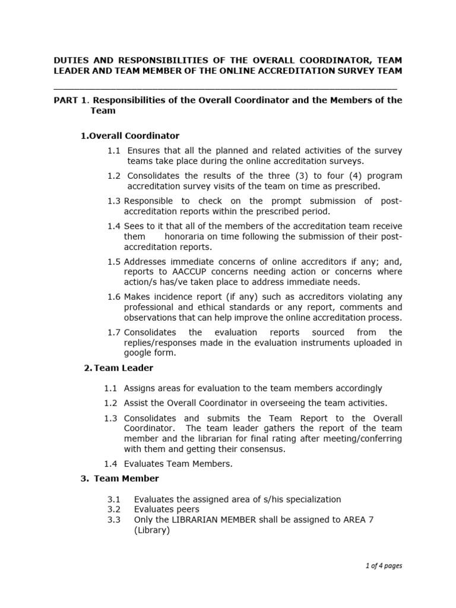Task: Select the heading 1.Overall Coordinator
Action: pyautogui.click(x=129, y=136)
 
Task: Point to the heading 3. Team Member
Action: pyautogui.click(x=119, y=479)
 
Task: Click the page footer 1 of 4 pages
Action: pyautogui.click(x=384, y=566)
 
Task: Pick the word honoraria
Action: pyautogui.click(x=189, y=236)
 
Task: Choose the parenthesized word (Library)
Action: pyautogui.click(x=152, y=530)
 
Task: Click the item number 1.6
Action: pyautogui.click(x=114, y=297)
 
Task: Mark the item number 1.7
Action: pyautogui.click(x=114, y=332)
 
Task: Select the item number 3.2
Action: pyautogui.click(x=114, y=509)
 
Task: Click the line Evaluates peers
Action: pyautogui.click(x=167, y=509)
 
